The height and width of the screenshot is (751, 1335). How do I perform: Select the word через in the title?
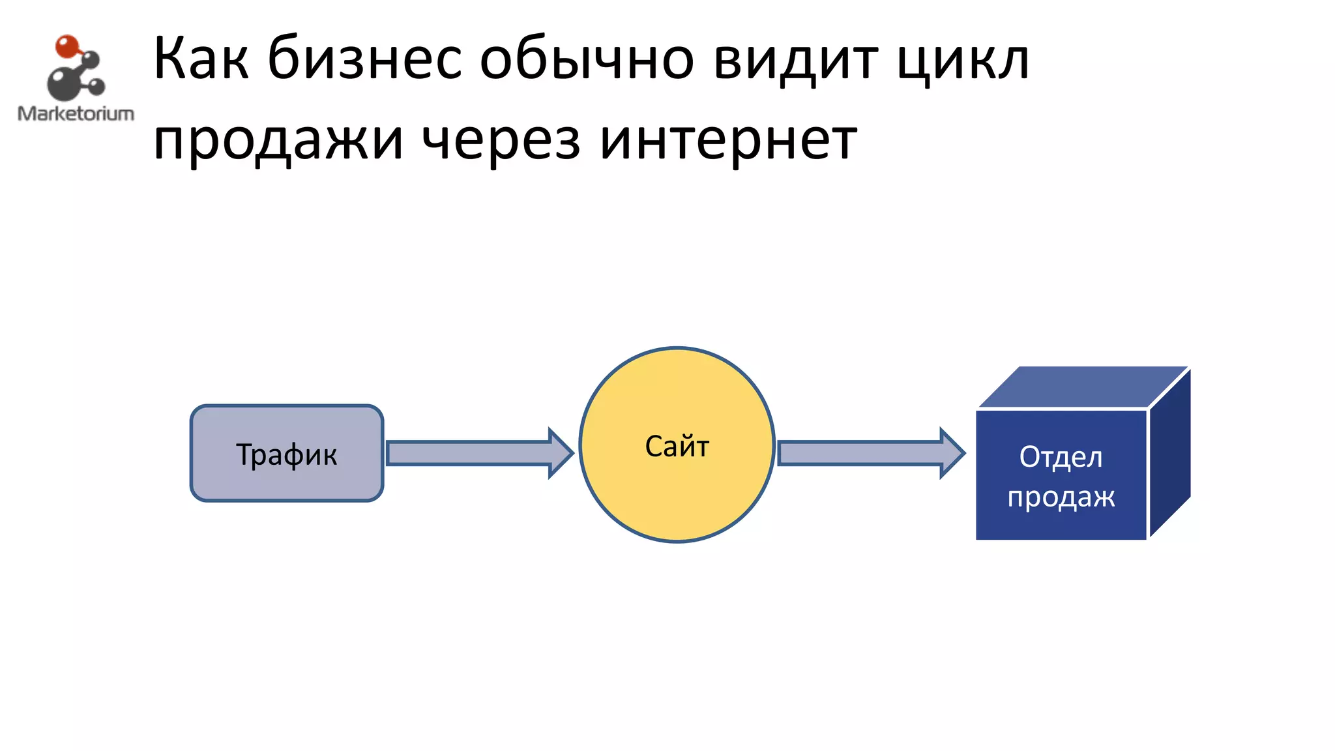coord(501,141)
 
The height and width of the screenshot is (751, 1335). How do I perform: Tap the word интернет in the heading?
coord(727,141)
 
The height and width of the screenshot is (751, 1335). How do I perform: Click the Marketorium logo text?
coord(76,113)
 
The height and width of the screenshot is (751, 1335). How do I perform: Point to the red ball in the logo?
coord(66,46)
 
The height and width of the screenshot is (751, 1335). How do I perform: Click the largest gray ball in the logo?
coord(62,85)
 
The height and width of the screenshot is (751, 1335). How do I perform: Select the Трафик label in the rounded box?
coord(286,454)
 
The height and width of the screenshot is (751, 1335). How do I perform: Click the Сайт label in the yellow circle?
coord(677,447)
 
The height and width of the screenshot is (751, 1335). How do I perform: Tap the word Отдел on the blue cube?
coord(1061,457)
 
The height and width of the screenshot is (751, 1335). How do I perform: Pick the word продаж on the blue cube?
coord(1061,497)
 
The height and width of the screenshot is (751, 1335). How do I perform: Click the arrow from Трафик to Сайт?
coord(469,453)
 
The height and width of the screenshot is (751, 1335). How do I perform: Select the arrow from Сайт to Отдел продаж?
coord(860,453)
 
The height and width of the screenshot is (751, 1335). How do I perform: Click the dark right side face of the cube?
coord(1170,453)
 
